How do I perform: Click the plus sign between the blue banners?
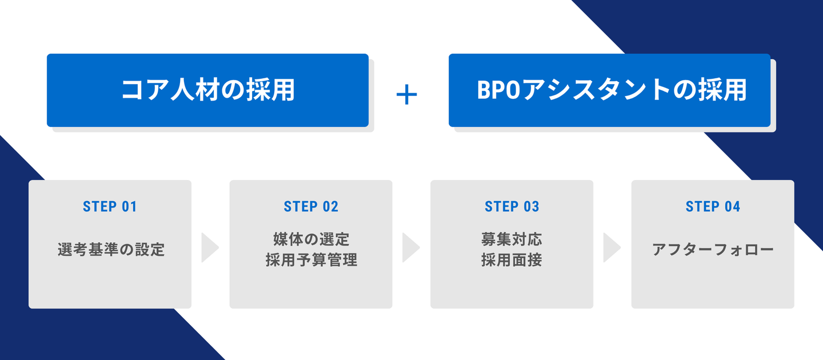coord(407,95)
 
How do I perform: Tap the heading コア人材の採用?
coord(208,90)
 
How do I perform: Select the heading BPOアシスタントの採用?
coord(612,90)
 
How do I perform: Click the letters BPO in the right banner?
coord(498,90)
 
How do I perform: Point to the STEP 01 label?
coord(110,207)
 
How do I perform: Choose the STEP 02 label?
coord(311,207)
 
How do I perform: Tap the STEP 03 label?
coord(512,207)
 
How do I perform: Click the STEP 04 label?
coord(713,207)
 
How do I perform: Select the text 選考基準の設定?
coord(111,249)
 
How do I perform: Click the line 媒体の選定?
coord(311,239)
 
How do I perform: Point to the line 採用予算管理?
coord(311,259)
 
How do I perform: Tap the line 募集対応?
coord(512,239)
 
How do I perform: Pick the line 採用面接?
coord(512,259)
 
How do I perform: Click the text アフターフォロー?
coord(713,250)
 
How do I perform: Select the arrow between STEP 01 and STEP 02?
coord(210,247)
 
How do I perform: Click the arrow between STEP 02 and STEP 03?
coord(411,247)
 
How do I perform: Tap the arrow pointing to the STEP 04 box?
coord(612,247)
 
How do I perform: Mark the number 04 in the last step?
coord(732,207)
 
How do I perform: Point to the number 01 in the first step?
coord(129,207)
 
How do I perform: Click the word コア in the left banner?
coord(145,90)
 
